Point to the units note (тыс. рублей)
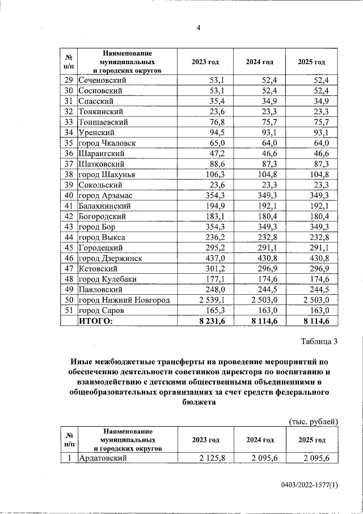[x=313, y=421]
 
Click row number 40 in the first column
[x=68, y=195]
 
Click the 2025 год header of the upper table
[x=311, y=62]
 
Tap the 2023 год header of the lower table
[x=205, y=440]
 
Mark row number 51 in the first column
[x=68, y=311]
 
